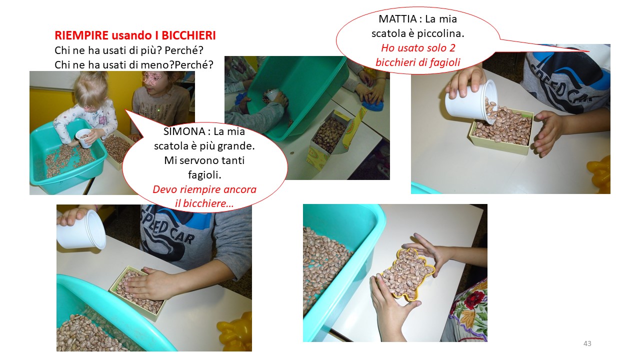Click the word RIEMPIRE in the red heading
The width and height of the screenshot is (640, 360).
click(81, 35)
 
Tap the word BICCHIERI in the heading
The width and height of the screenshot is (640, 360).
click(188, 35)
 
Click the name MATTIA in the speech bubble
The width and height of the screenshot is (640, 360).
click(397, 19)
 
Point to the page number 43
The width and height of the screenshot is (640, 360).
click(587, 343)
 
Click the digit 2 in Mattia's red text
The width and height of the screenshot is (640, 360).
click(452, 48)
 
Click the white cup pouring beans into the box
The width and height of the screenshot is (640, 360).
click(471, 101)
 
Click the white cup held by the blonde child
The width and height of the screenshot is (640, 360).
click(83, 138)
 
